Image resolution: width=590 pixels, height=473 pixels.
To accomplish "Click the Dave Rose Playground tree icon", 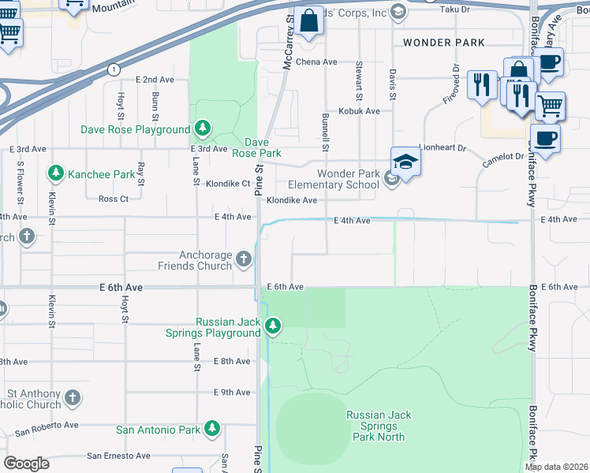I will [203, 128].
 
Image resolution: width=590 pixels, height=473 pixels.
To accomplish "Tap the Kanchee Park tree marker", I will [55, 173].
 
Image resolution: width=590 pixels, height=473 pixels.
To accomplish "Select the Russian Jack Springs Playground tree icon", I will [273, 326].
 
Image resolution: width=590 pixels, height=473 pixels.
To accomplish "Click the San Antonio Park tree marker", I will [212, 429].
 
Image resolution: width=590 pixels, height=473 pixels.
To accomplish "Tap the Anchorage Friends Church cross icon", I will [244, 259].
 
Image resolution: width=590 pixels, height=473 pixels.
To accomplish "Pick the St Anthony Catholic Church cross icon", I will [73, 398].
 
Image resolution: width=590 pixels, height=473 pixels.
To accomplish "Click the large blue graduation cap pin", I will [405, 162].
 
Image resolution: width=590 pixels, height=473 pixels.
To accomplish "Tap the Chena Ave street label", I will [316, 61].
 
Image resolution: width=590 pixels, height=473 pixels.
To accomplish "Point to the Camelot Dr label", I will [503, 157].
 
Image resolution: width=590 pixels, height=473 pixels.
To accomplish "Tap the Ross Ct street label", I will [114, 199].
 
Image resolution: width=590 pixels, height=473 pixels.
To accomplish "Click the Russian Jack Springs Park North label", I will [379, 426].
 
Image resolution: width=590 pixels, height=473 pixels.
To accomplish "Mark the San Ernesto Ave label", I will [118, 456].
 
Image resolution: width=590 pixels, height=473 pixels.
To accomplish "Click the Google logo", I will [26, 464].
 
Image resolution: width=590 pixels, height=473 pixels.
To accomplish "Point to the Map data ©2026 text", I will [556, 467].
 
